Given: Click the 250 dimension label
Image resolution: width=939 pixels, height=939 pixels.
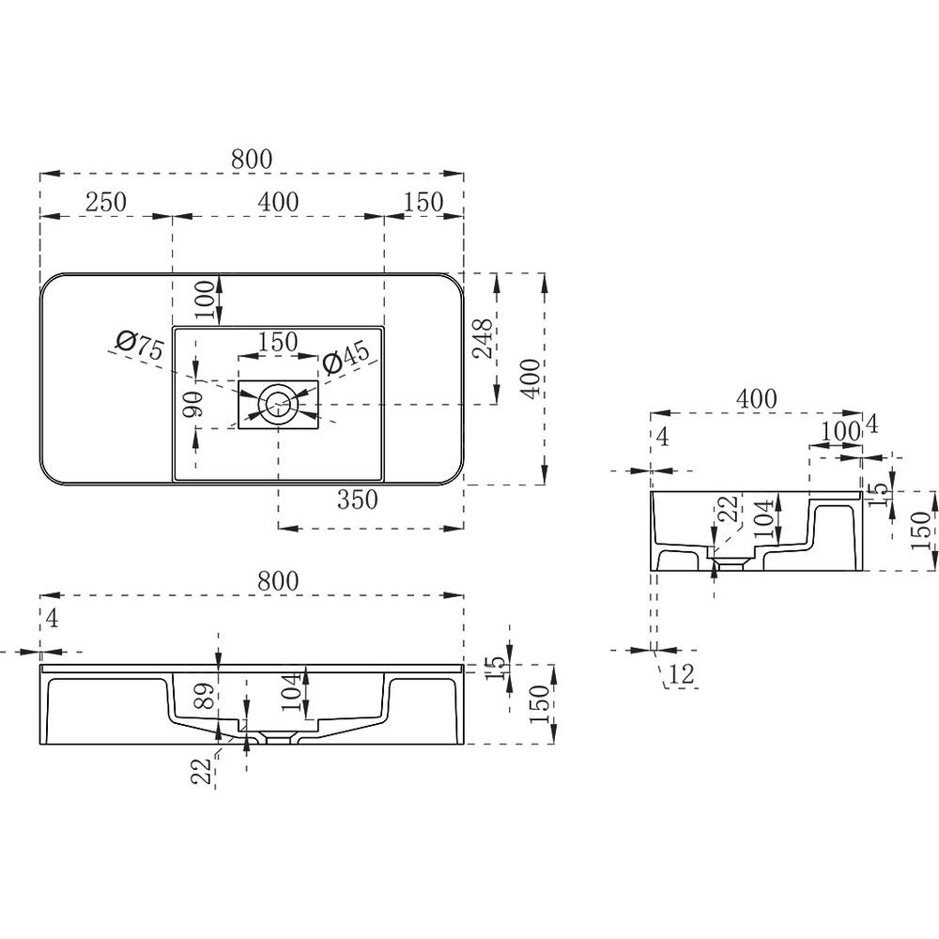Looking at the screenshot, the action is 106,202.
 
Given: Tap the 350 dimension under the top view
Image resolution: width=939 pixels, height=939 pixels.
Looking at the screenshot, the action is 358,500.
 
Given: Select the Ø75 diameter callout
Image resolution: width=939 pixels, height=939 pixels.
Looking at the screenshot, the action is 140,346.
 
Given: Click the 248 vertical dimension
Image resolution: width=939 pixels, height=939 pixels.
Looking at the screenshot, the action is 484,338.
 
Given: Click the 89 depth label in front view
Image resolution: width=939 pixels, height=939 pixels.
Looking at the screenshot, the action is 206,697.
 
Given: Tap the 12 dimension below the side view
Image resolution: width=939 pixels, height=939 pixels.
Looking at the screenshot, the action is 682,674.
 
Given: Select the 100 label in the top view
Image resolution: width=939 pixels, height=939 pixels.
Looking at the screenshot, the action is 204,300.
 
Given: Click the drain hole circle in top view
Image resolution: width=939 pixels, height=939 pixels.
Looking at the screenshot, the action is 278,405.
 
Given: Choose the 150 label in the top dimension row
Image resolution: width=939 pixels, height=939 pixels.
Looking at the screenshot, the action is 423,202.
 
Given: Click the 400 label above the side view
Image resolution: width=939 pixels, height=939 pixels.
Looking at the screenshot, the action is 756,398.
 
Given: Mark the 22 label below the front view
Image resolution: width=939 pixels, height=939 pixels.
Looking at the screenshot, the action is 204,771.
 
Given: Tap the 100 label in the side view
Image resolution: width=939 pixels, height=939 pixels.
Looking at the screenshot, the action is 840,431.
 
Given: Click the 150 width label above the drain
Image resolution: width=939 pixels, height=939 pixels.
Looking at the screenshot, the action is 278,342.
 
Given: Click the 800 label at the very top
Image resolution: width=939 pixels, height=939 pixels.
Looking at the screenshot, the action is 252,160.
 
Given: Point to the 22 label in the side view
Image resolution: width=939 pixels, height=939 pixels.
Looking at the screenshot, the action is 731,509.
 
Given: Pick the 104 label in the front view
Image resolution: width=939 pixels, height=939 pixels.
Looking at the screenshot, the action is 292,692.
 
